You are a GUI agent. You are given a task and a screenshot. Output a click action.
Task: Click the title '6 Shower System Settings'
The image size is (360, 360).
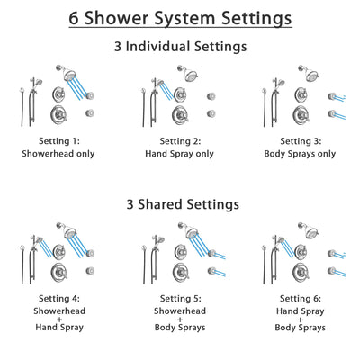pos(180,17)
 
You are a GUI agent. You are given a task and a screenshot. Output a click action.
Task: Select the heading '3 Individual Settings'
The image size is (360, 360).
pos(180,46)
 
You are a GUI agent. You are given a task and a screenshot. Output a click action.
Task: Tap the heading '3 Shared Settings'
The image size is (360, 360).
pos(180,204)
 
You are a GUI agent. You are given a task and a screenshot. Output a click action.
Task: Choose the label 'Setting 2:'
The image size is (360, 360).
pos(179,141)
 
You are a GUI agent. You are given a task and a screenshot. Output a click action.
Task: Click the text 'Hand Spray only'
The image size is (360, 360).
pos(179,154)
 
